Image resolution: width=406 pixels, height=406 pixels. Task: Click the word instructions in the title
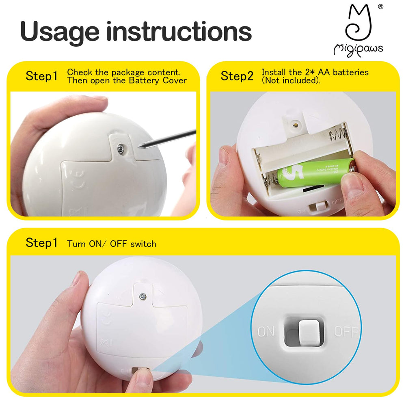[179, 31]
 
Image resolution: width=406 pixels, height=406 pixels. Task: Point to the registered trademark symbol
[380, 6]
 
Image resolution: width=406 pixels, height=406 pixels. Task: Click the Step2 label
[237, 76]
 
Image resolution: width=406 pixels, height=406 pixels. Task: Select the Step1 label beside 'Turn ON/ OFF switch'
[42, 243]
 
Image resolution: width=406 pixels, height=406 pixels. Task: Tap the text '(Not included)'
[291, 80]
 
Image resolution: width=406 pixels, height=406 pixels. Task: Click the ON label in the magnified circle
[266, 331]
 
